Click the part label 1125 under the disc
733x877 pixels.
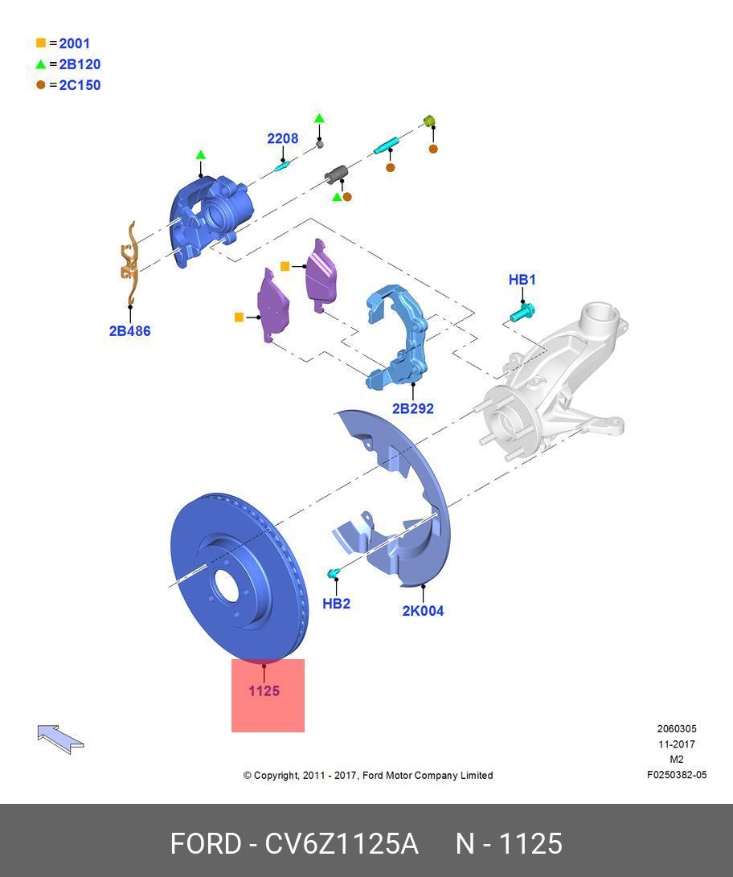[x=264, y=691]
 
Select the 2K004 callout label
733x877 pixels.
[x=423, y=611]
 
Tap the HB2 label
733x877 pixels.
[x=336, y=604]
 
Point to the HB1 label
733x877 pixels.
[x=522, y=280]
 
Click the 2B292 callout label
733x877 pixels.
[x=412, y=408]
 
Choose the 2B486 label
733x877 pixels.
[x=129, y=330]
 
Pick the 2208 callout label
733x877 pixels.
[x=282, y=138]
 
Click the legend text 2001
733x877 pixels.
[x=74, y=43]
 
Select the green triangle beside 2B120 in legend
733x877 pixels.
[x=41, y=64]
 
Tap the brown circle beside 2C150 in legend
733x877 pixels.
[x=41, y=85]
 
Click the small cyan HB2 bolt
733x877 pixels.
[x=334, y=573]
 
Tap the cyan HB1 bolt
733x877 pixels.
[x=522, y=311]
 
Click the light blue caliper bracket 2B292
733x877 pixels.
[x=398, y=338]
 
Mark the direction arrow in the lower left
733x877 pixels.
[x=60, y=737]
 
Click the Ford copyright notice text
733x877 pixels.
[x=368, y=776]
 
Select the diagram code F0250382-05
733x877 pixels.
[x=677, y=776]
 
